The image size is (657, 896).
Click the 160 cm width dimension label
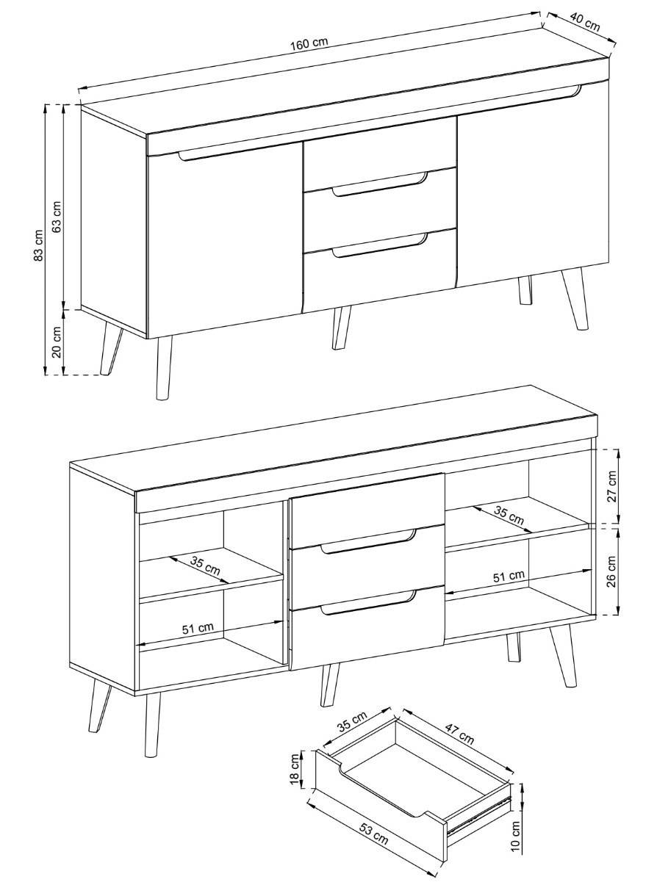(x=309, y=43)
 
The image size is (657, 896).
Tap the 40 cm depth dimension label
(x=585, y=21)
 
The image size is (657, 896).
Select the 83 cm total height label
(x=38, y=245)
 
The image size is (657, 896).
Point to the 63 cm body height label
(x=57, y=217)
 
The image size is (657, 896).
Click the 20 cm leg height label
(x=57, y=342)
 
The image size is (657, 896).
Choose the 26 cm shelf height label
(x=611, y=571)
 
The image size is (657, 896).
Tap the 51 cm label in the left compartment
(x=198, y=629)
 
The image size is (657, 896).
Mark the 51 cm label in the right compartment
(x=509, y=577)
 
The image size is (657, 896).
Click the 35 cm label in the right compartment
(x=509, y=516)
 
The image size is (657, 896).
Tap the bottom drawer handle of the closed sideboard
(x=380, y=245)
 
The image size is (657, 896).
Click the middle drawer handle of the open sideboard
(x=369, y=541)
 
